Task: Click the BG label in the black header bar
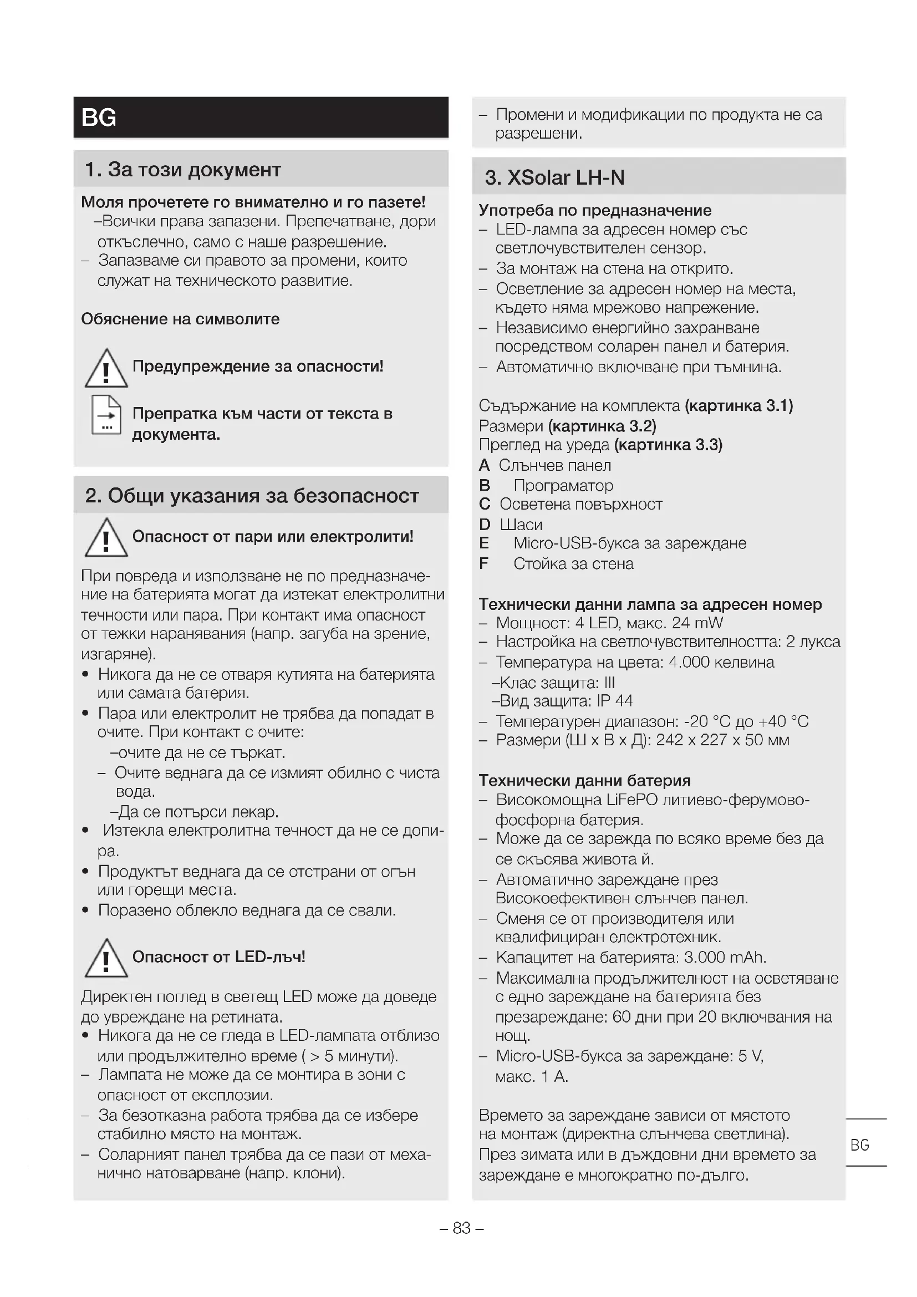99,118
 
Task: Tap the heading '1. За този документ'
182,170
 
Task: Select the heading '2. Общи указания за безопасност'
252,495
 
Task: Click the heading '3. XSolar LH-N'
554,177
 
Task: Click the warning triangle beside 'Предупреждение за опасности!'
106,369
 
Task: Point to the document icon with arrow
106,415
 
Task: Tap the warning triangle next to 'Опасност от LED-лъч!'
106,959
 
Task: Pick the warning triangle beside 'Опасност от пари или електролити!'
106,537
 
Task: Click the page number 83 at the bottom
461,1228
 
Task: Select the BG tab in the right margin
859,1145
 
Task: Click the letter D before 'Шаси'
485,525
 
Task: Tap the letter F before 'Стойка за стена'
483,564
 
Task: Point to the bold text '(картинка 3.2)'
602,425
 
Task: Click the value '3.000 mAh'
725,958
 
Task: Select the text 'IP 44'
614,701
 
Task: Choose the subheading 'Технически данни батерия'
584,781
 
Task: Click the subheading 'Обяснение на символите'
180,319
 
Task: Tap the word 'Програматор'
563,485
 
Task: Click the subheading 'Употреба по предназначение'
594,210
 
